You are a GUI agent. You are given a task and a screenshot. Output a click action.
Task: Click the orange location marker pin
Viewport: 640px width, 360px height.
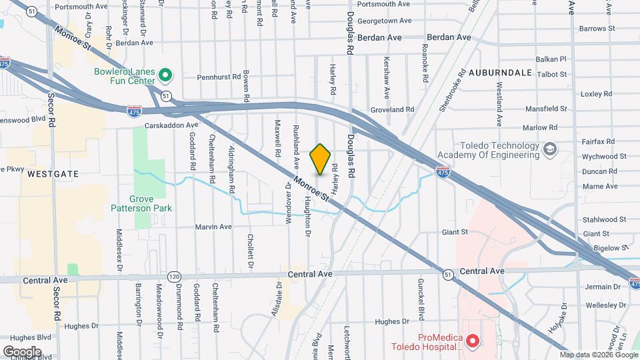[320, 159]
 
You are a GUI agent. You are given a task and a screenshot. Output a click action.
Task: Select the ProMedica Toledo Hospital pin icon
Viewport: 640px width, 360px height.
[473, 342]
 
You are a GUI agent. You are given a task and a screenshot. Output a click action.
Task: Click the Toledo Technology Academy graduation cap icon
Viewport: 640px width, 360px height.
[549, 147]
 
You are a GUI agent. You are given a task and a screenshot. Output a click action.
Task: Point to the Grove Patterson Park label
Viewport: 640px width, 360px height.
[141, 203]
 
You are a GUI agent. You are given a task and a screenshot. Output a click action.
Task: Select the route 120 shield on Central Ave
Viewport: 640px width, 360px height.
[174, 276]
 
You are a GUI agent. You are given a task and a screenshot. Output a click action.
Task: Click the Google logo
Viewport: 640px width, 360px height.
[22, 351]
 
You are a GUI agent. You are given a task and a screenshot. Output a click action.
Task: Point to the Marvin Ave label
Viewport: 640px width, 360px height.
[213, 227]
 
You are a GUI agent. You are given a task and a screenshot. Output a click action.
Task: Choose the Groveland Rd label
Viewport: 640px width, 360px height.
[393, 109]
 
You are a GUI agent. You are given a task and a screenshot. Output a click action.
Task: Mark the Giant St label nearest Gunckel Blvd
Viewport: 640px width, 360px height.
[455, 233]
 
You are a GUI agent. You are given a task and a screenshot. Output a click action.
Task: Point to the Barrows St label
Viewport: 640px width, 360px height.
[597, 29]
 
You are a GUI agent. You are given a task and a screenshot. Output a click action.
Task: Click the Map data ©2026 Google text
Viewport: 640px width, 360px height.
[599, 355]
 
